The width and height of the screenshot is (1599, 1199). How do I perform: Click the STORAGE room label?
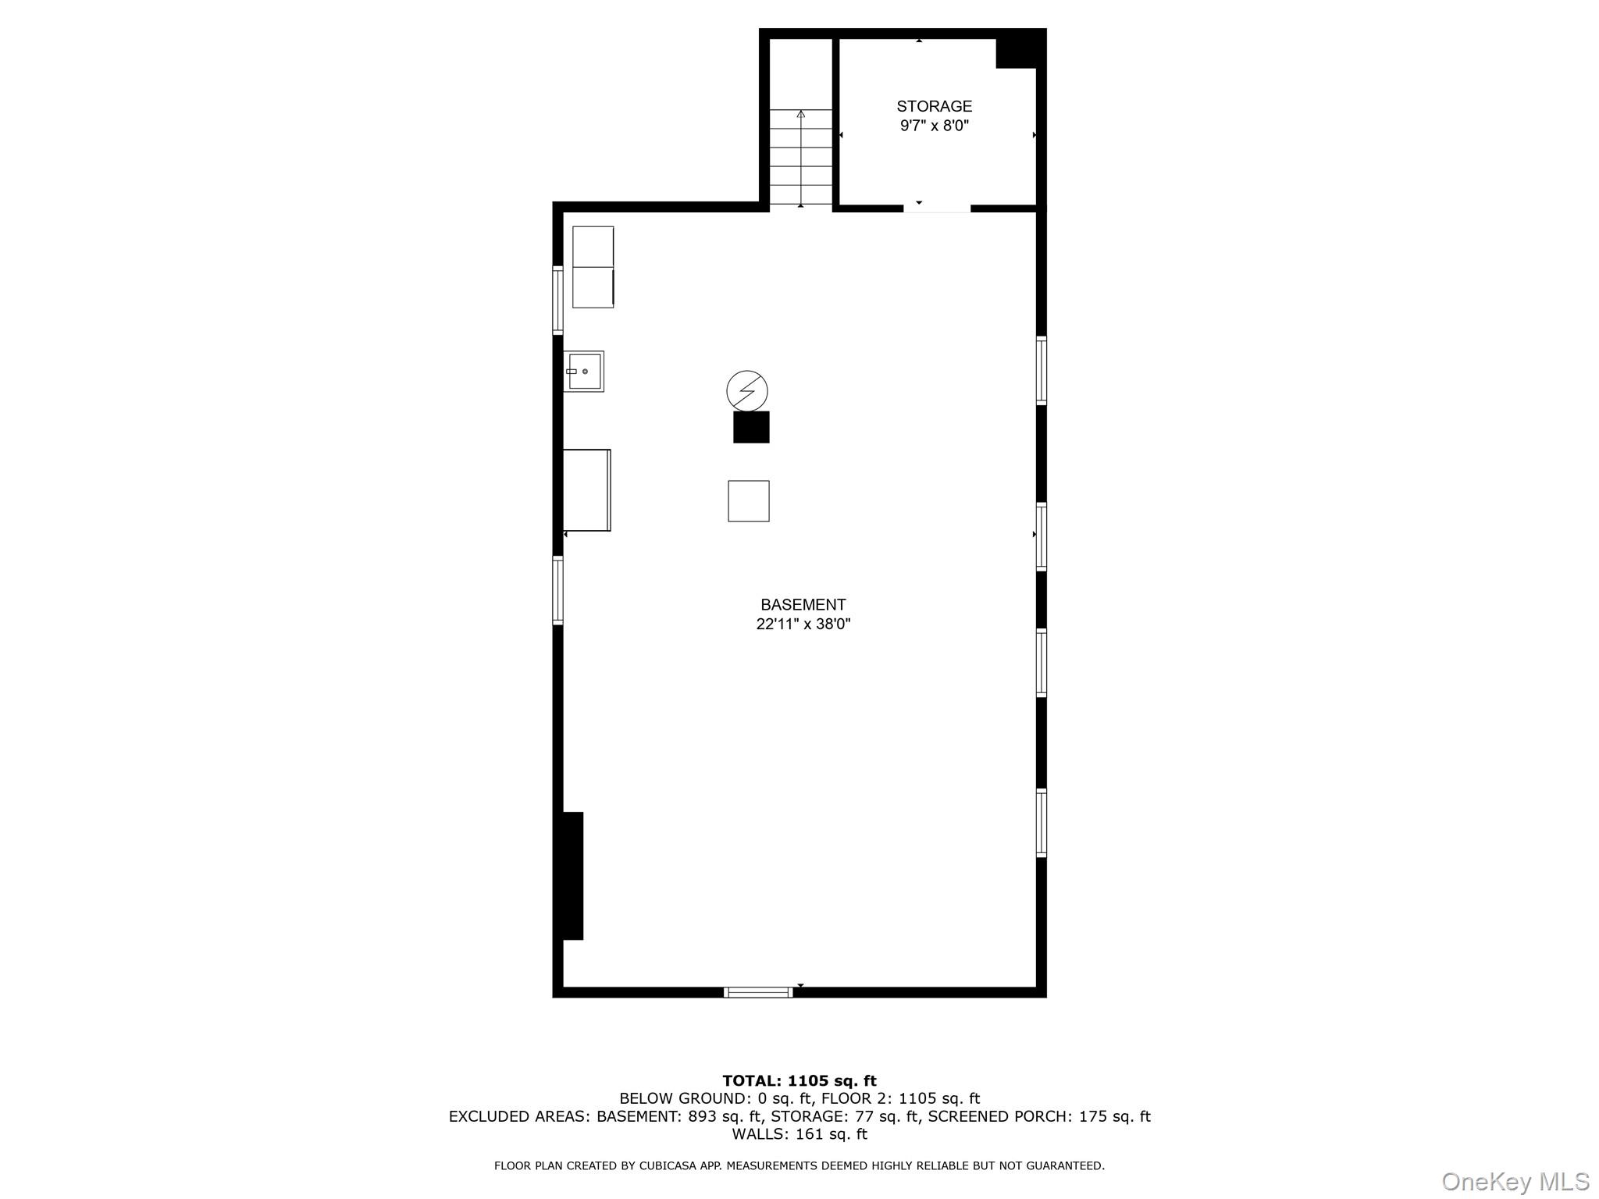[x=934, y=106]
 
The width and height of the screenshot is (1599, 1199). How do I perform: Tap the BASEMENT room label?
[x=803, y=604]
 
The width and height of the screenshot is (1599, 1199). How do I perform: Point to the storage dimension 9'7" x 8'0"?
[x=934, y=126]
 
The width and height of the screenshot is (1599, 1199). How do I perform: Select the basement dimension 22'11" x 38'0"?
[x=803, y=624]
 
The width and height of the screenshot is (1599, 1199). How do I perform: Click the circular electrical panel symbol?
[x=747, y=390]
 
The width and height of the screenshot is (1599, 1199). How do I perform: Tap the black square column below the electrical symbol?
[x=751, y=427]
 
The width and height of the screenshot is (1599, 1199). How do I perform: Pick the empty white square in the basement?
[x=749, y=500]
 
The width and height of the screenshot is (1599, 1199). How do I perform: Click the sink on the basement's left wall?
[x=584, y=371]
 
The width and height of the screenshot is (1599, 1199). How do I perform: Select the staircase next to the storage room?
[x=801, y=156]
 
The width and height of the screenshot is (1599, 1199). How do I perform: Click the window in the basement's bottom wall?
[x=758, y=992]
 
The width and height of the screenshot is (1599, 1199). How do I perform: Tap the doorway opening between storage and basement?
[x=937, y=208]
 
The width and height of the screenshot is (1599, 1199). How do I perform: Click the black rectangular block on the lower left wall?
[x=570, y=875]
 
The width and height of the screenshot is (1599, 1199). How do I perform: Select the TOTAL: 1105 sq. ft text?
[x=799, y=1080]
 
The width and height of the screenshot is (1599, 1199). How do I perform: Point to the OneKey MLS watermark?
[x=1515, y=1181]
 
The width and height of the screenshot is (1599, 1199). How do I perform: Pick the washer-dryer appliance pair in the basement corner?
[x=593, y=267]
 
